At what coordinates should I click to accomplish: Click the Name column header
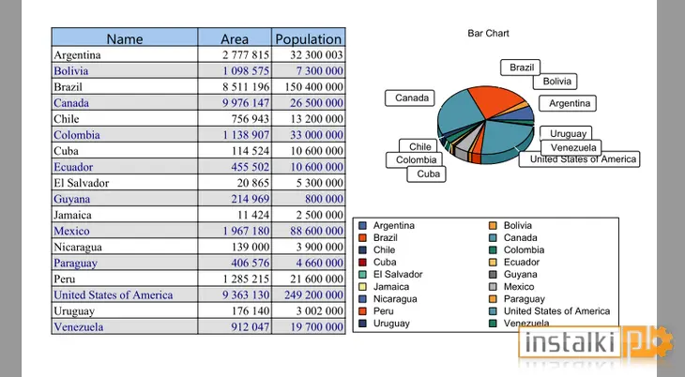(125, 38)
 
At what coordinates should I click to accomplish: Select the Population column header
(309, 38)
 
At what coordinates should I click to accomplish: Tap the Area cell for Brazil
(235, 86)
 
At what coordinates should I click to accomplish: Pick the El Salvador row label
(82, 183)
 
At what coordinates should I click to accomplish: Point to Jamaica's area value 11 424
(253, 215)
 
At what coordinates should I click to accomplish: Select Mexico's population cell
(309, 231)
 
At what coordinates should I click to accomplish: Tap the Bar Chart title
(488, 33)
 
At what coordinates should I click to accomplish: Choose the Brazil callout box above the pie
(520, 68)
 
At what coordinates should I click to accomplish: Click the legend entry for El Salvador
(390, 275)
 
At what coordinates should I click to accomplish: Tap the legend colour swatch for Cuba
(362, 262)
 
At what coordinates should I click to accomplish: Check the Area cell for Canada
(235, 102)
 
